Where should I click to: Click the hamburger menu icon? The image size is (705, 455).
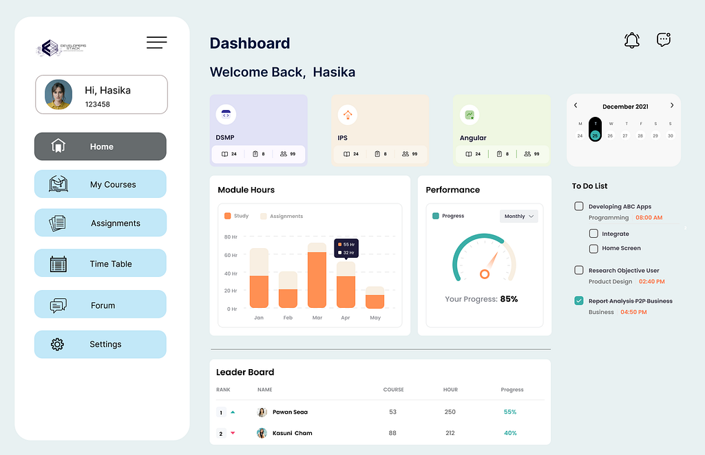157,43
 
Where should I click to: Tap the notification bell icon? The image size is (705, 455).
631,40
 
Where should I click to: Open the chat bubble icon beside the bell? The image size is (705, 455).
664,40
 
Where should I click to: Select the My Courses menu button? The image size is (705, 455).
101,184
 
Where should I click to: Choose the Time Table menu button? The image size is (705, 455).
101,263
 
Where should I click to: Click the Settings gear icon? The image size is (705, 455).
58,344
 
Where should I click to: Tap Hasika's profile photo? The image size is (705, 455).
59,95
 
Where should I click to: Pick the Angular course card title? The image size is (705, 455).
473,138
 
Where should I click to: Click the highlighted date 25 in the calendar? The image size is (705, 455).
595,135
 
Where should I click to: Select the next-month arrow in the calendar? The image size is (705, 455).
672,106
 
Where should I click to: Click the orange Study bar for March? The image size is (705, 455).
317,280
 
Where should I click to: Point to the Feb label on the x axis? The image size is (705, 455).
288,318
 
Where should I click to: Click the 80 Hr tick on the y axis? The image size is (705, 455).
230,237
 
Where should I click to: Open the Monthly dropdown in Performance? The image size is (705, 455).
519,217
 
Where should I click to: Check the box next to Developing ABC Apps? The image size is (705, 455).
579,206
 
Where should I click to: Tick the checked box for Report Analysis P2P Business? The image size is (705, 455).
579,300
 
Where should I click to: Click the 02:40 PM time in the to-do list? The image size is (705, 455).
651,282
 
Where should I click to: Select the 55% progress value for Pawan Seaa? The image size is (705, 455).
510,412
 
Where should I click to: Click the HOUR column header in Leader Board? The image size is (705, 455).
450,390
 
